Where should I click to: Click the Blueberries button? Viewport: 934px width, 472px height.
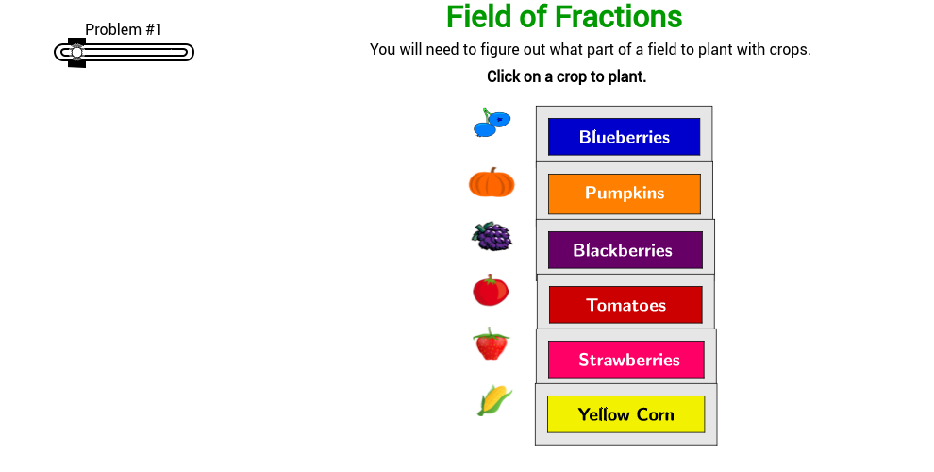click(x=624, y=137)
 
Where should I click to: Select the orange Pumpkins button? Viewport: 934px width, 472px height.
click(x=624, y=194)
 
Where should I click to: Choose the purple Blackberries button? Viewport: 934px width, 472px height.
click(x=624, y=250)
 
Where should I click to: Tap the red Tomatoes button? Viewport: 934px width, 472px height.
click(x=625, y=305)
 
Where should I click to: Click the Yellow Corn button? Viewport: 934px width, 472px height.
click(x=625, y=414)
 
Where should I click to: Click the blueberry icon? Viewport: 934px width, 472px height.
click(x=491, y=123)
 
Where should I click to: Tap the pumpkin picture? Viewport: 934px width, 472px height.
click(x=492, y=182)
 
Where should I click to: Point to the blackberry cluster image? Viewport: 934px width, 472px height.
click(x=492, y=236)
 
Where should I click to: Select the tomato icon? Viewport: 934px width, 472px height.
click(x=491, y=290)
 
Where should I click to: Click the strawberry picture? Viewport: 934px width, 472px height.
click(x=491, y=345)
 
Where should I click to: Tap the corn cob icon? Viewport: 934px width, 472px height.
click(x=494, y=400)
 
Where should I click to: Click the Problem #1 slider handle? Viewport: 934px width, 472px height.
click(x=76, y=53)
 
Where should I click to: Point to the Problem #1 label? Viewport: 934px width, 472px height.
click(x=124, y=29)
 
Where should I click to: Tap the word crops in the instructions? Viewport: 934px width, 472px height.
click(x=789, y=50)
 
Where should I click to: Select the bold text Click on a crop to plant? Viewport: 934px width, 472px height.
click(x=566, y=76)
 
